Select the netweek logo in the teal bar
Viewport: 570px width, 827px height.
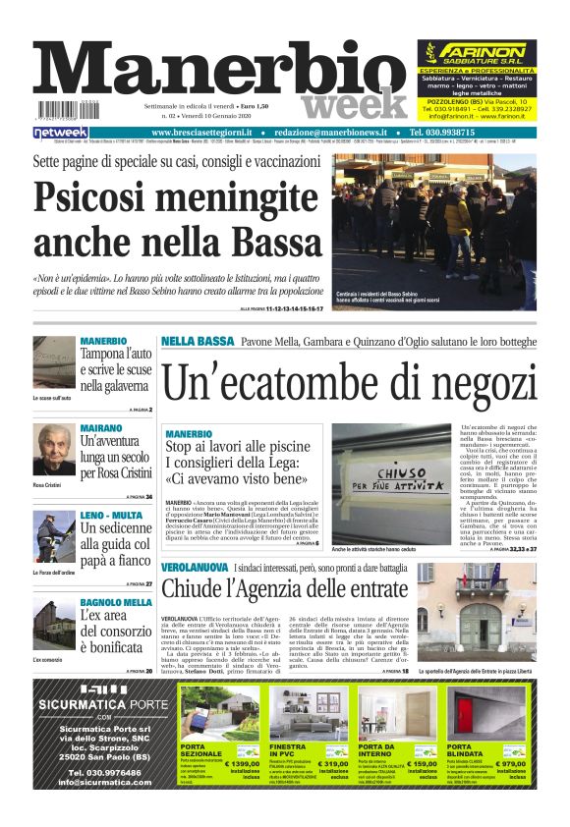point(61,132)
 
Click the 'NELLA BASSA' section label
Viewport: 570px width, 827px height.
point(197,341)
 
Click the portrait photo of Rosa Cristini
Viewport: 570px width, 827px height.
point(54,452)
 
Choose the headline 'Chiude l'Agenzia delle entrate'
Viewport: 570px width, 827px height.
point(284,589)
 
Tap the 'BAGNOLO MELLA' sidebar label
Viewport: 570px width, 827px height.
point(115,602)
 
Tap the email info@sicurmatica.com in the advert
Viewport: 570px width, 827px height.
point(94,782)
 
